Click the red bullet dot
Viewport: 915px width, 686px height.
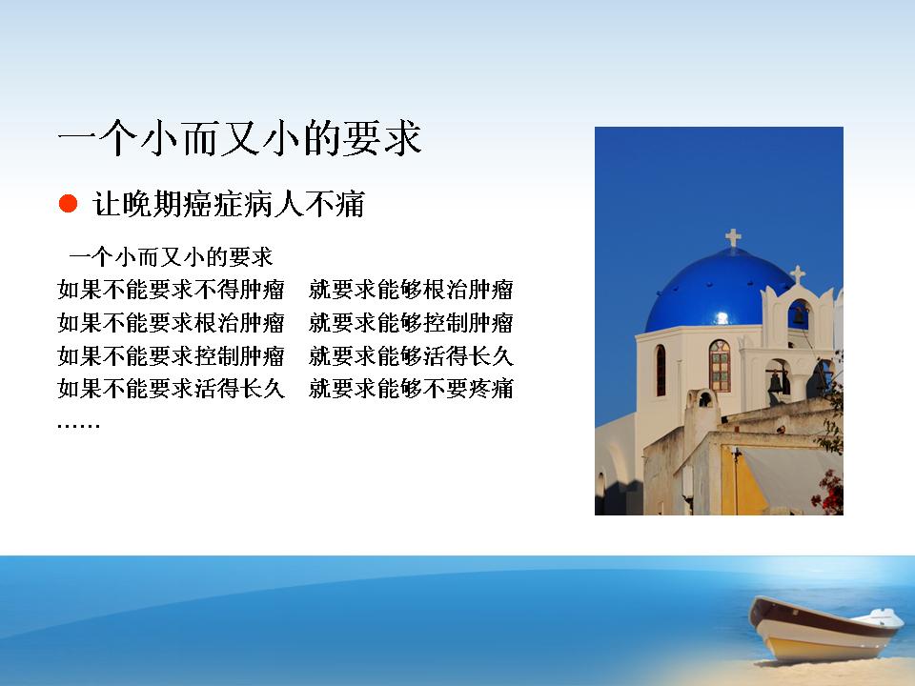point(69,204)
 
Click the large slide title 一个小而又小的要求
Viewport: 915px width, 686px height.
point(240,138)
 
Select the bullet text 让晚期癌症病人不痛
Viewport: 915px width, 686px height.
point(229,204)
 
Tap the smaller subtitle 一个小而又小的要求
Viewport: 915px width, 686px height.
point(171,256)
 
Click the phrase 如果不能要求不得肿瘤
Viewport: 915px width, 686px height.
point(171,290)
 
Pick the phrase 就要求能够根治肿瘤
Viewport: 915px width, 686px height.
point(412,290)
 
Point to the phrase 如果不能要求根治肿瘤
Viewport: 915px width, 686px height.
point(171,323)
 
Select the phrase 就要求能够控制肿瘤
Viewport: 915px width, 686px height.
point(412,323)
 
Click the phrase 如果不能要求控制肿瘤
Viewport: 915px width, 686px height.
point(171,355)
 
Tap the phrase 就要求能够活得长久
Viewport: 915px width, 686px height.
point(412,355)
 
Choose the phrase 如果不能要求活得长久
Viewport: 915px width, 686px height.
point(171,389)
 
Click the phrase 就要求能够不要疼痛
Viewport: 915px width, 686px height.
point(412,389)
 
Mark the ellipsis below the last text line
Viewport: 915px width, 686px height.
point(79,425)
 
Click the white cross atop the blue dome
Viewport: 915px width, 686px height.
point(734,237)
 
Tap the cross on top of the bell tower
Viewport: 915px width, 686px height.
point(798,274)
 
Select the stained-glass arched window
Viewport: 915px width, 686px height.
point(720,366)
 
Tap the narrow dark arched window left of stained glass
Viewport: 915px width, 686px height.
point(661,371)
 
